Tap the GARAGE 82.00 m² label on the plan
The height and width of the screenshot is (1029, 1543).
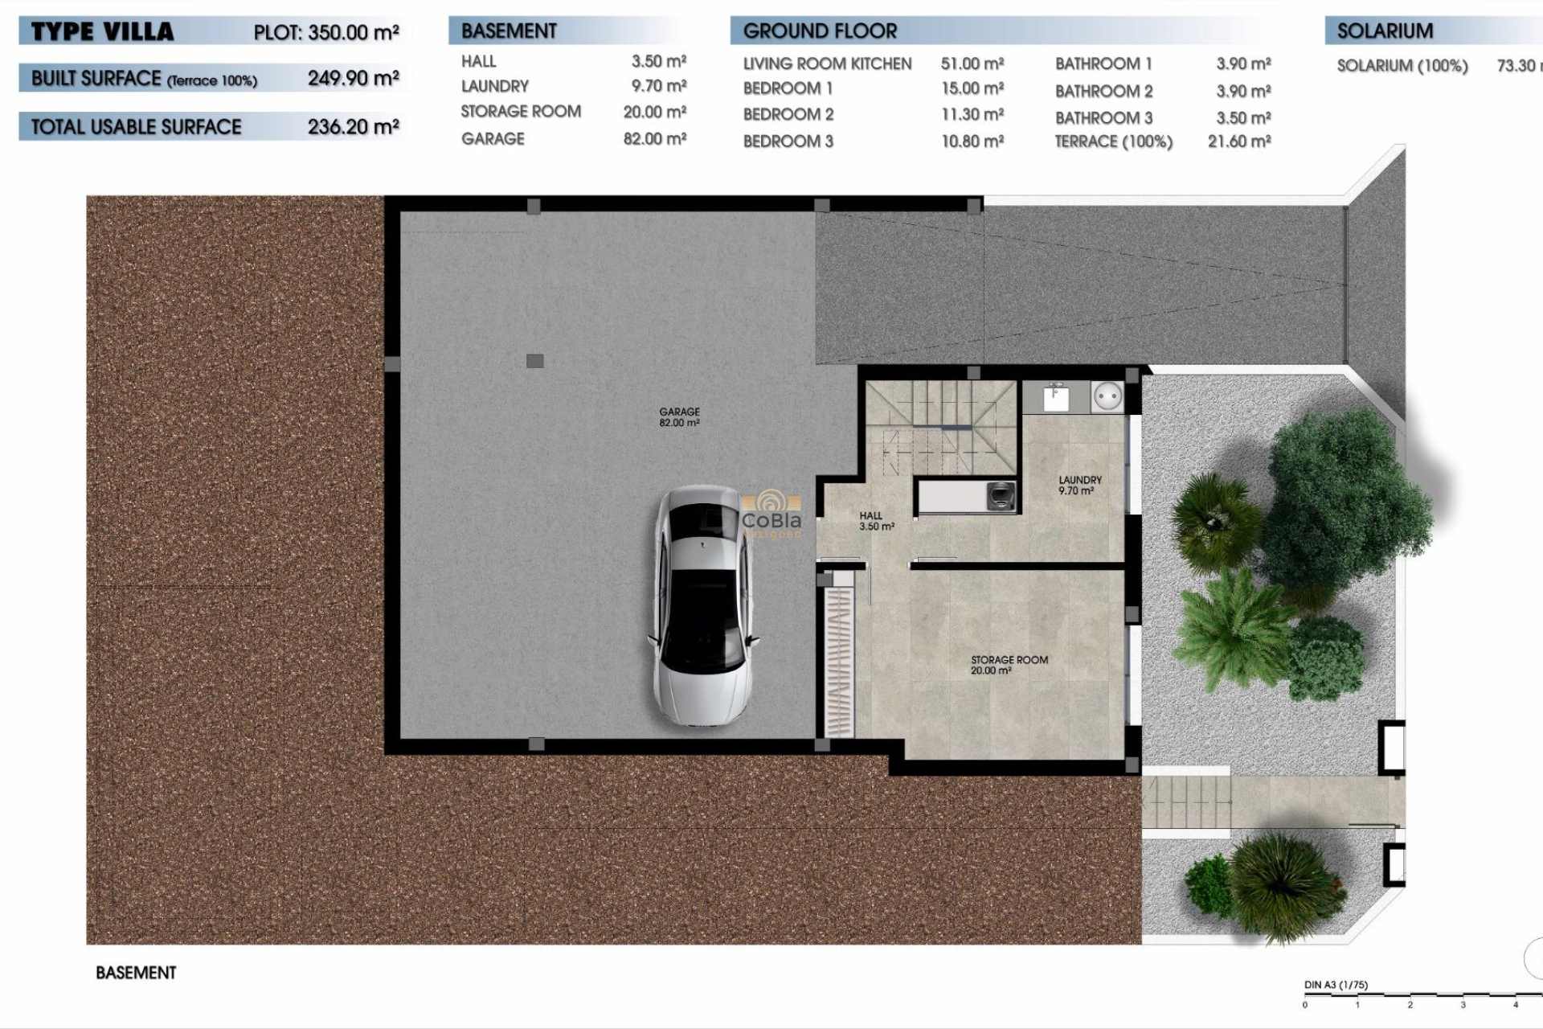tap(679, 416)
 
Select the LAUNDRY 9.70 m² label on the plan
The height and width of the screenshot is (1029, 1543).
tap(1079, 485)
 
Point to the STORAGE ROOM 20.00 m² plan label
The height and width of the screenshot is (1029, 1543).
tap(1009, 665)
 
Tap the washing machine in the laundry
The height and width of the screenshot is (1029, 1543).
tap(1001, 495)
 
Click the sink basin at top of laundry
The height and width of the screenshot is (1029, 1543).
tap(1055, 397)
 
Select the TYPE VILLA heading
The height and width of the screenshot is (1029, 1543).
tap(102, 32)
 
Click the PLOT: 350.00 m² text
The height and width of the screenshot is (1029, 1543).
tap(325, 33)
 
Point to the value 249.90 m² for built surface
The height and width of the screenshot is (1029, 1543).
tap(353, 79)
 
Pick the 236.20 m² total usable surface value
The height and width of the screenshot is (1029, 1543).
tap(353, 127)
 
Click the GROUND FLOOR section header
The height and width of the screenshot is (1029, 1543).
tap(820, 31)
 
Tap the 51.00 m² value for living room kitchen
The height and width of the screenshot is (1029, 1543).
tap(972, 64)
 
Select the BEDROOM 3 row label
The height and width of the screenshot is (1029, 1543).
tap(788, 141)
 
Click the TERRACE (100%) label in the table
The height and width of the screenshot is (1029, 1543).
tap(1113, 142)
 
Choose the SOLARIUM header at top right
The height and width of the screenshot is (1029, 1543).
tap(1385, 31)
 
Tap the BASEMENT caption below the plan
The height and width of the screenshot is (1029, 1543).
tap(136, 973)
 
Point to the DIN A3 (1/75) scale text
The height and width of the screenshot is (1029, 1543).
tap(1336, 985)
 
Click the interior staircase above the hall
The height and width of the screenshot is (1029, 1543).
tap(940, 426)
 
